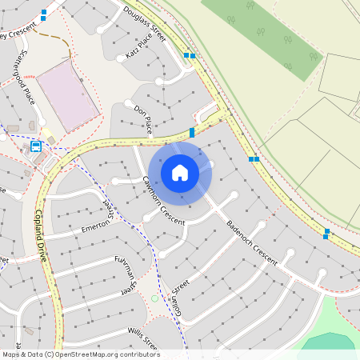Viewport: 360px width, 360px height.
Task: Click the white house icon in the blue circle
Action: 180,172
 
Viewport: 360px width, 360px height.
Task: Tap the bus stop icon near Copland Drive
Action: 36,146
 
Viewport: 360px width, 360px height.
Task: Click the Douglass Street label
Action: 145,23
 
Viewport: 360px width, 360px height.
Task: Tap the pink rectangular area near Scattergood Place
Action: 67,96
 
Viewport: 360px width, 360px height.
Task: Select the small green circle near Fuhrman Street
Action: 154,298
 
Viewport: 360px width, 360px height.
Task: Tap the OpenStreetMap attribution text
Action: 81,354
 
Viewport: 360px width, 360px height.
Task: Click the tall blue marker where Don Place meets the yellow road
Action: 192,132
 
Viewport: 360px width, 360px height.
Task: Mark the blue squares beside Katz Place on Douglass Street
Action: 190,55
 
